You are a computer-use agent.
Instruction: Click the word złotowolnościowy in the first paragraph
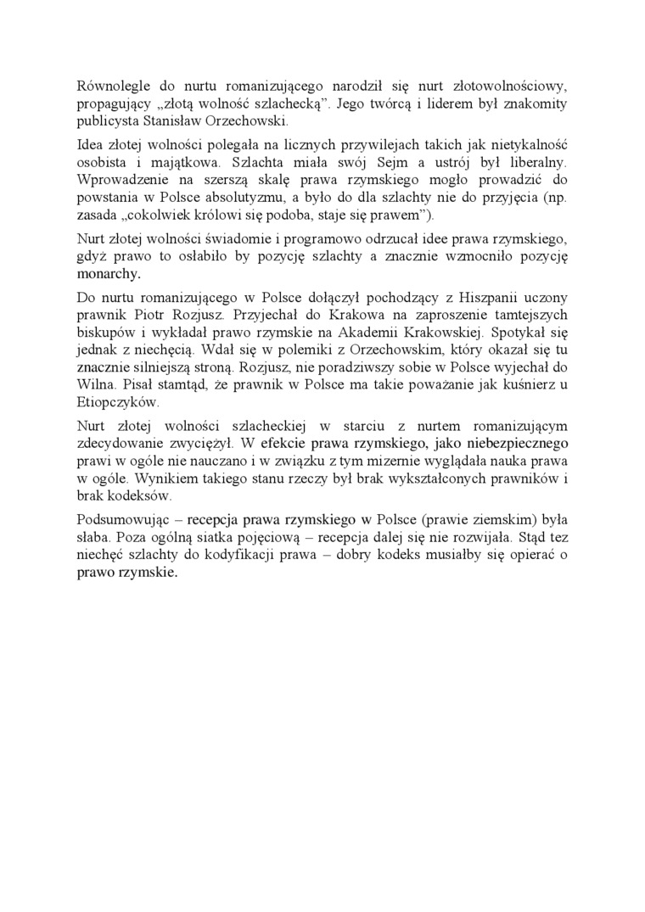(x=501, y=86)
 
